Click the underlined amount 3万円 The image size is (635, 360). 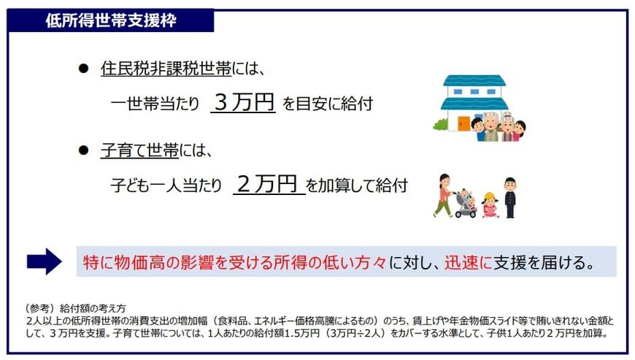(x=242, y=102)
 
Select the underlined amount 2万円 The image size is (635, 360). (x=268, y=184)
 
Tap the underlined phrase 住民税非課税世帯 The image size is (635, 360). (x=166, y=69)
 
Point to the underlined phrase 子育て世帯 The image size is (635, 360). (x=139, y=151)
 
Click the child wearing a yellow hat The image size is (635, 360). (x=489, y=205)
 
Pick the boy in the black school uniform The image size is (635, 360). (x=509, y=196)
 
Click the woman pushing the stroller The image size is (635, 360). (x=443, y=196)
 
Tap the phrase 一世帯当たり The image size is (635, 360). (x=154, y=104)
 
